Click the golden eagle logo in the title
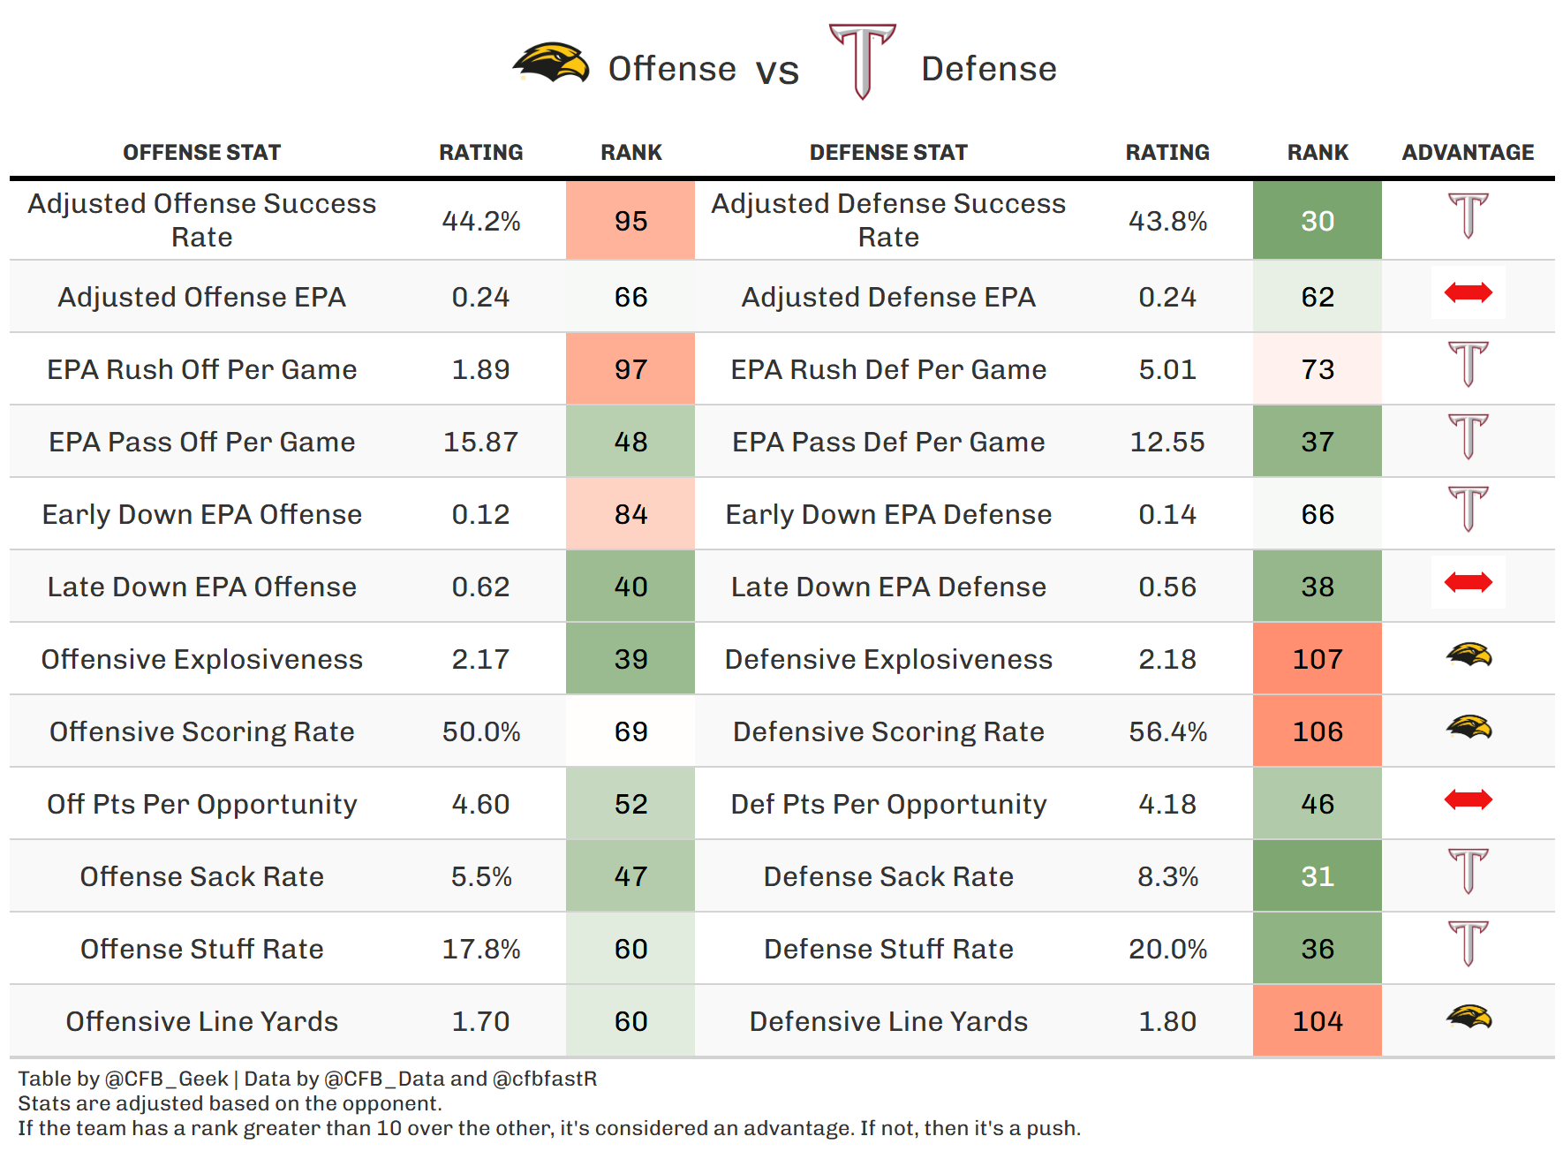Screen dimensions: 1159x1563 (552, 64)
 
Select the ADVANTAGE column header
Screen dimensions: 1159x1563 (1468, 153)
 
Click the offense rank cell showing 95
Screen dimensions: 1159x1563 (630, 221)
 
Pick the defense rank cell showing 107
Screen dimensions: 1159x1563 (1317, 659)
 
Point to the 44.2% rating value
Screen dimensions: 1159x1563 (481, 221)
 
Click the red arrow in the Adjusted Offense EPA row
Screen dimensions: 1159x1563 (1468, 292)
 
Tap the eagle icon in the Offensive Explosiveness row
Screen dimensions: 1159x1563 (1469, 655)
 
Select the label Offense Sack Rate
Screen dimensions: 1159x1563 (202, 876)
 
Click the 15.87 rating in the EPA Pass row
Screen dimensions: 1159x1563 (481, 442)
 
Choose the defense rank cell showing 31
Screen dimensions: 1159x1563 (1317, 876)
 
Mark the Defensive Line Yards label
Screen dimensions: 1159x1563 (888, 1021)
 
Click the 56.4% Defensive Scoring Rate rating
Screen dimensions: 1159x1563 (1167, 731)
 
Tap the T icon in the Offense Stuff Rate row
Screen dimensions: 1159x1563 (1469, 943)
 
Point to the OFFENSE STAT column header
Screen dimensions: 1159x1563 (202, 153)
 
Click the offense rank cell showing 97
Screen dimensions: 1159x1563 (630, 369)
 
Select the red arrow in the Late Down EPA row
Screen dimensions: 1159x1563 (1468, 582)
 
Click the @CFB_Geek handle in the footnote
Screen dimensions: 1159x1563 (166, 1079)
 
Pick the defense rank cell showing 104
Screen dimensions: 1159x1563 (1317, 1021)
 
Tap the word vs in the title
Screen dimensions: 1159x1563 (777, 71)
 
